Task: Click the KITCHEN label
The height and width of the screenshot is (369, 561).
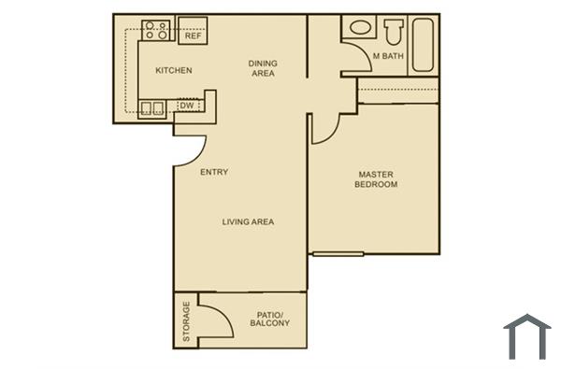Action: click(x=173, y=70)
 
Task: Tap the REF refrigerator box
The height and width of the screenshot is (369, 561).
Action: click(x=193, y=32)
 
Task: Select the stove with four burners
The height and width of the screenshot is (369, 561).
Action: click(x=154, y=31)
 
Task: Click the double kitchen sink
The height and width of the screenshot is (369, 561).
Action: click(x=152, y=106)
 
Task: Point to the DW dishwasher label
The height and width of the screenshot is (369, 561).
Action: click(x=186, y=106)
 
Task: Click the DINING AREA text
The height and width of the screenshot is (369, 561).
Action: click(x=263, y=68)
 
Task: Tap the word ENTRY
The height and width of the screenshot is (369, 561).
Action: click(x=214, y=172)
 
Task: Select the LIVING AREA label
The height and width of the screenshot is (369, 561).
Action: click(x=248, y=221)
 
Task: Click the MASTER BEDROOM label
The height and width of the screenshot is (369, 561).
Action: click(x=376, y=179)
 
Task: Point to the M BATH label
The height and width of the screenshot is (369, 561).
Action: click(x=389, y=57)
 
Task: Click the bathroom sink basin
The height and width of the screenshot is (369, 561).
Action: click(x=356, y=30)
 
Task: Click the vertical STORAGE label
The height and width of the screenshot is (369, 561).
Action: click(x=186, y=320)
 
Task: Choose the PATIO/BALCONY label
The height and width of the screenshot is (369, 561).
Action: click(x=269, y=319)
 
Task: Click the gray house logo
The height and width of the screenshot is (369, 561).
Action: click(x=526, y=337)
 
